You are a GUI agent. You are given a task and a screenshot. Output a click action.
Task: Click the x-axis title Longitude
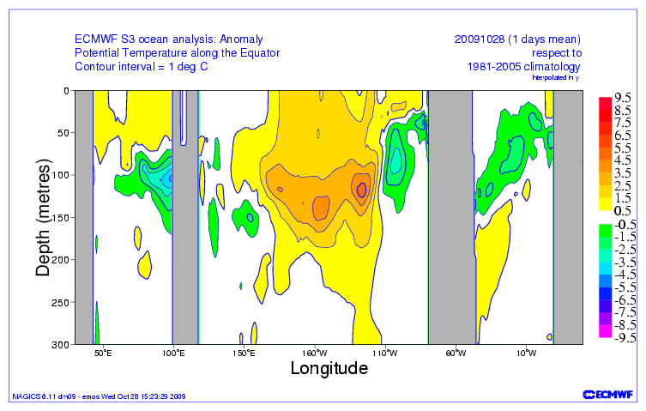click(329, 368)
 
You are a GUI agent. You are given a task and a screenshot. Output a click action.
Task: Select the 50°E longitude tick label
click(102, 353)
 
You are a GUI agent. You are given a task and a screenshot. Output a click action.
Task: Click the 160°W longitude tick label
click(314, 353)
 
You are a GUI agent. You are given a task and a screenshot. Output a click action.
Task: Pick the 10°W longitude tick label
click(526, 353)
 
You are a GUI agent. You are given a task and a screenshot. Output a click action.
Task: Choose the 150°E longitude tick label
click(244, 353)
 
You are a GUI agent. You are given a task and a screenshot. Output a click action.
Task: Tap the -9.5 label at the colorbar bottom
click(623, 338)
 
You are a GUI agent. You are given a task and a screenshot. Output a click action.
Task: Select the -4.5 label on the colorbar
click(623, 275)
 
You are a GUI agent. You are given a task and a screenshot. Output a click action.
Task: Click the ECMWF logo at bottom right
click(607, 394)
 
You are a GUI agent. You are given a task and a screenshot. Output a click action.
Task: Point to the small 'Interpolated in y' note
click(557, 78)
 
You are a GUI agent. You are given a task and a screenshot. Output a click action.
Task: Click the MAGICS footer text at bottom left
click(98, 396)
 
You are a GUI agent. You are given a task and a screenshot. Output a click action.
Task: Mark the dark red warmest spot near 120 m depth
click(362, 190)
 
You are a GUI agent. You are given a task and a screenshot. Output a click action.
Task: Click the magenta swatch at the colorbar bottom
click(605, 338)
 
